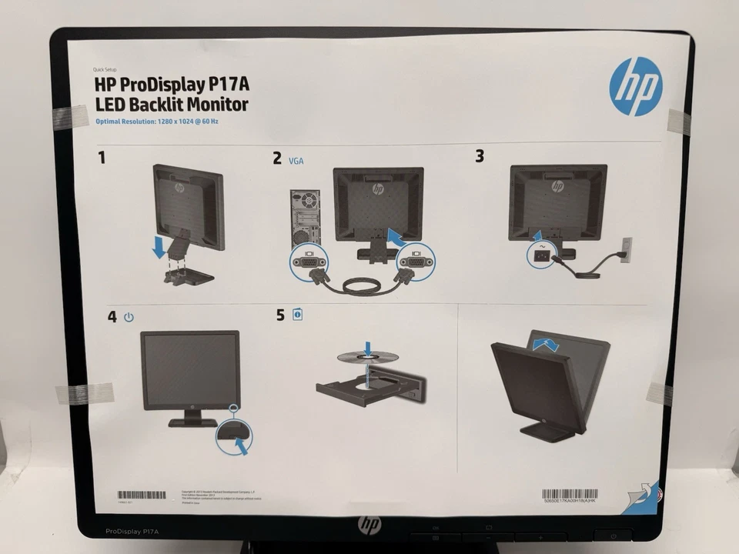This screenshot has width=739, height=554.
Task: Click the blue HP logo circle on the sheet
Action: (635, 87)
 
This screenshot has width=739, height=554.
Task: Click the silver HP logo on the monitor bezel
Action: (369, 525)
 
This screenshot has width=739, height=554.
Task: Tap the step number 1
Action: (102, 158)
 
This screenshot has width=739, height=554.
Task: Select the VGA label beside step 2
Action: (297, 161)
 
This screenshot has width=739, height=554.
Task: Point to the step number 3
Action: (480, 156)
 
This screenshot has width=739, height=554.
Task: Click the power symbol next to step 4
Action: (129, 317)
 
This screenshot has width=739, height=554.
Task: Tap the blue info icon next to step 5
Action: (297, 315)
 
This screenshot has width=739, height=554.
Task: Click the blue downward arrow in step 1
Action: (159, 246)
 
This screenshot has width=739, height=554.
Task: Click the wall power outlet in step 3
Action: (626, 249)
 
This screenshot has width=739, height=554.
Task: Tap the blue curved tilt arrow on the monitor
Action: (546, 343)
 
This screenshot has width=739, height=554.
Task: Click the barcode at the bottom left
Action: (141, 494)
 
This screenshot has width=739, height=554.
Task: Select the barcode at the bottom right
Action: (569, 493)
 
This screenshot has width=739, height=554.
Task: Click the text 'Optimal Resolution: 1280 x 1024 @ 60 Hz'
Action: (158, 122)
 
